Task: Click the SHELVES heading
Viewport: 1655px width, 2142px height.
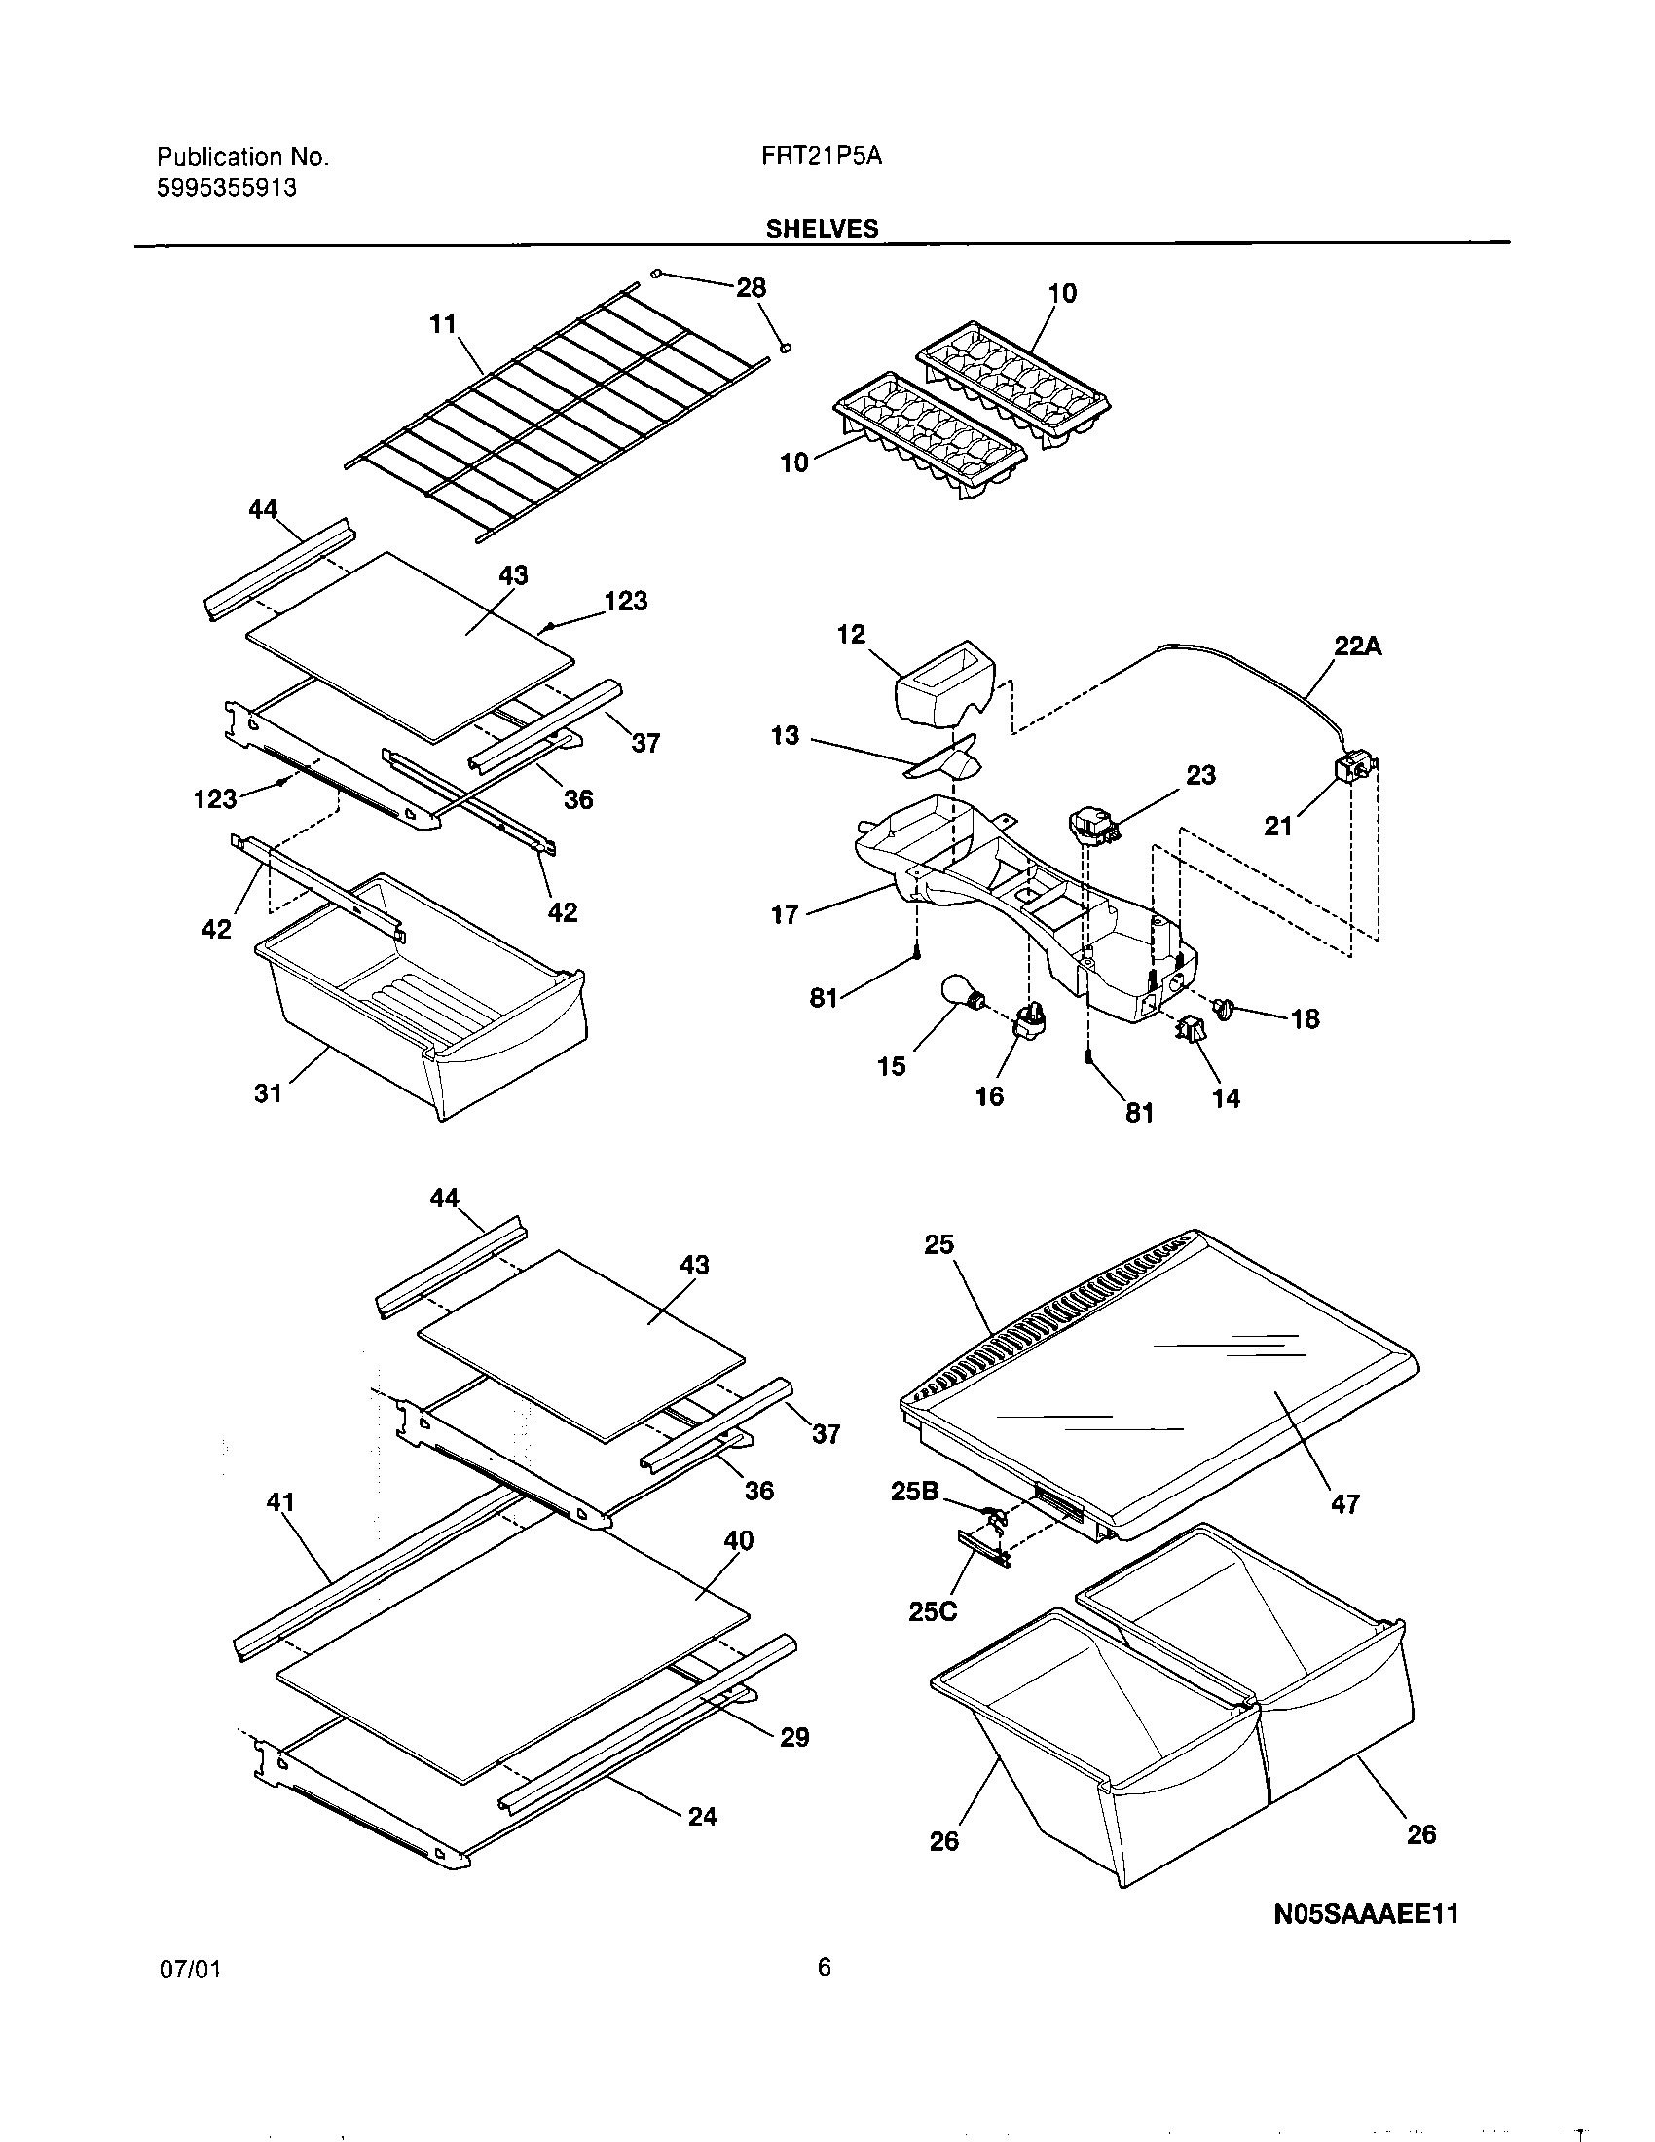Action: pos(822,229)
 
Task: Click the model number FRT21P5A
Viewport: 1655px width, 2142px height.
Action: pos(822,156)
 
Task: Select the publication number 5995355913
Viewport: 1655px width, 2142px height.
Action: pos(227,187)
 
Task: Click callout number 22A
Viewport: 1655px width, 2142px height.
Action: pos(1358,646)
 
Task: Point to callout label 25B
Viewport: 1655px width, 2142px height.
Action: pos(914,1491)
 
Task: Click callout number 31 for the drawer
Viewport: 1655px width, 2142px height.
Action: pos(268,1092)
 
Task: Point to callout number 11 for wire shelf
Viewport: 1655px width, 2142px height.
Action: pos(443,323)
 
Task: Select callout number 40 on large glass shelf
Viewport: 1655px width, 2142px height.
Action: pos(738,1541)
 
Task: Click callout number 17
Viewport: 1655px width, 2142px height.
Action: pos(785,917)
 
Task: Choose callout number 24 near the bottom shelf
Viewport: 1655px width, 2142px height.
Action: pos(702,1817)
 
